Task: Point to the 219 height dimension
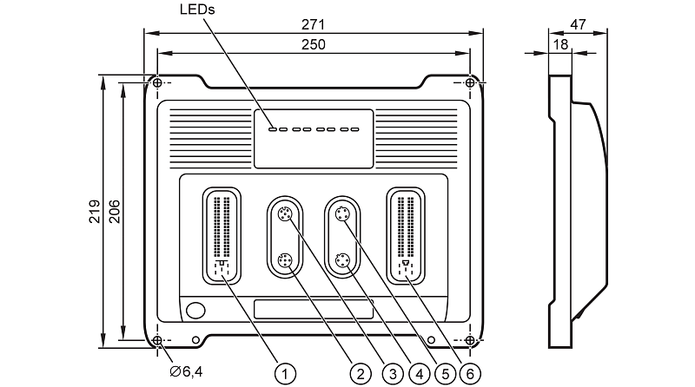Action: pos(94,211)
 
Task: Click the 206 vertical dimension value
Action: pos(114,211)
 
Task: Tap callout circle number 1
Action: pos(284,373)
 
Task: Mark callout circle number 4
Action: pos(420,373)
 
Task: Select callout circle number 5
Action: pos(446,373)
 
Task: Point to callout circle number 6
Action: pos(471,373)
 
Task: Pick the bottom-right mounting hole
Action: pos(470,339)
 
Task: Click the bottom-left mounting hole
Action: pos(157,339)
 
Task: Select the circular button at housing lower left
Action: pos(196,310)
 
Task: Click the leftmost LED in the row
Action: pos(273,131)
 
